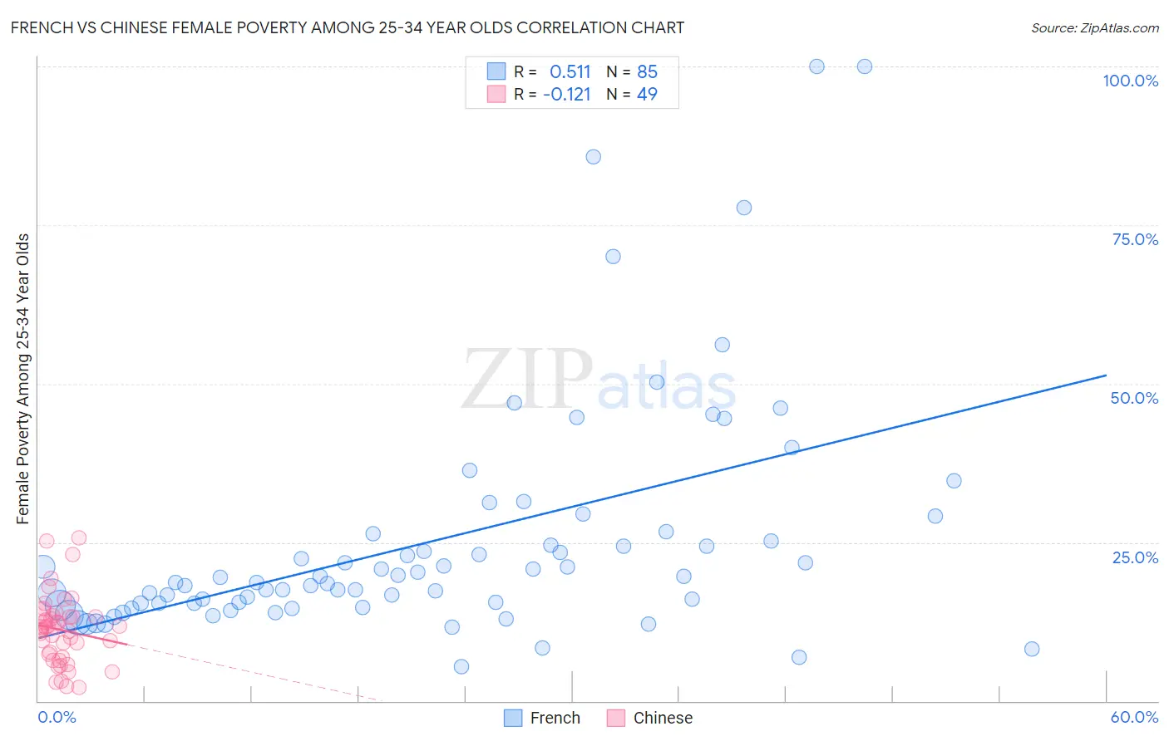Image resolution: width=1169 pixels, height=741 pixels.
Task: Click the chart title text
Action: point(348,27)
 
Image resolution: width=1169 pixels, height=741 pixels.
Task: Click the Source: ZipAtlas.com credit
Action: point(1094,27)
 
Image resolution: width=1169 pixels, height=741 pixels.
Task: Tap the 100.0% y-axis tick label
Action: point(1130,81)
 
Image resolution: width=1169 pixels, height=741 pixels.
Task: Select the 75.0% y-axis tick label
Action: point(1135,239)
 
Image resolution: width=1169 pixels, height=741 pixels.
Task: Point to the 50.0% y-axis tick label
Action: point(1134,398)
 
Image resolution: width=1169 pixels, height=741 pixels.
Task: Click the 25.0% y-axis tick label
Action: point(1135,557)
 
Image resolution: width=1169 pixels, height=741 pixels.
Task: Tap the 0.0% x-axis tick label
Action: point(57,717)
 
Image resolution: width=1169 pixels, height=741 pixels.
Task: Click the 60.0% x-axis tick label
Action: point(1134,717)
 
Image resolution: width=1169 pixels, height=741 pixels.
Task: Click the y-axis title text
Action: point(22,379)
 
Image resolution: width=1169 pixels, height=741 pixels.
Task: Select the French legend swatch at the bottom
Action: point(513,718)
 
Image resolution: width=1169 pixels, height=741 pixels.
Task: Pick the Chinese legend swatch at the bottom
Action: point(616,718)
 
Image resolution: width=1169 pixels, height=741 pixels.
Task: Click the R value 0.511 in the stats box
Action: point(570,72)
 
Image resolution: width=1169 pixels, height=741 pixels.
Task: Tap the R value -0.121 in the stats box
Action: point(566,95)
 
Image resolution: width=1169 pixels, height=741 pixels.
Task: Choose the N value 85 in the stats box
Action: point(647,72)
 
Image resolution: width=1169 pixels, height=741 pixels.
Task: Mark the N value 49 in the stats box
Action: point(647,95)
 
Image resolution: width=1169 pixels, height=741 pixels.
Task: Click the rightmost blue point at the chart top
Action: point(865,66)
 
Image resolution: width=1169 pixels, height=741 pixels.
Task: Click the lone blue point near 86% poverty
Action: point(593,157)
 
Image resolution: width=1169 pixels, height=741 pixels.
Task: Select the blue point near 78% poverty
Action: point(744,208)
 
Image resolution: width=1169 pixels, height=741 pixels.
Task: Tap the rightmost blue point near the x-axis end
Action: point(1032,649)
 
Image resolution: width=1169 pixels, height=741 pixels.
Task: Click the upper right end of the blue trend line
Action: point(1106,375)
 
